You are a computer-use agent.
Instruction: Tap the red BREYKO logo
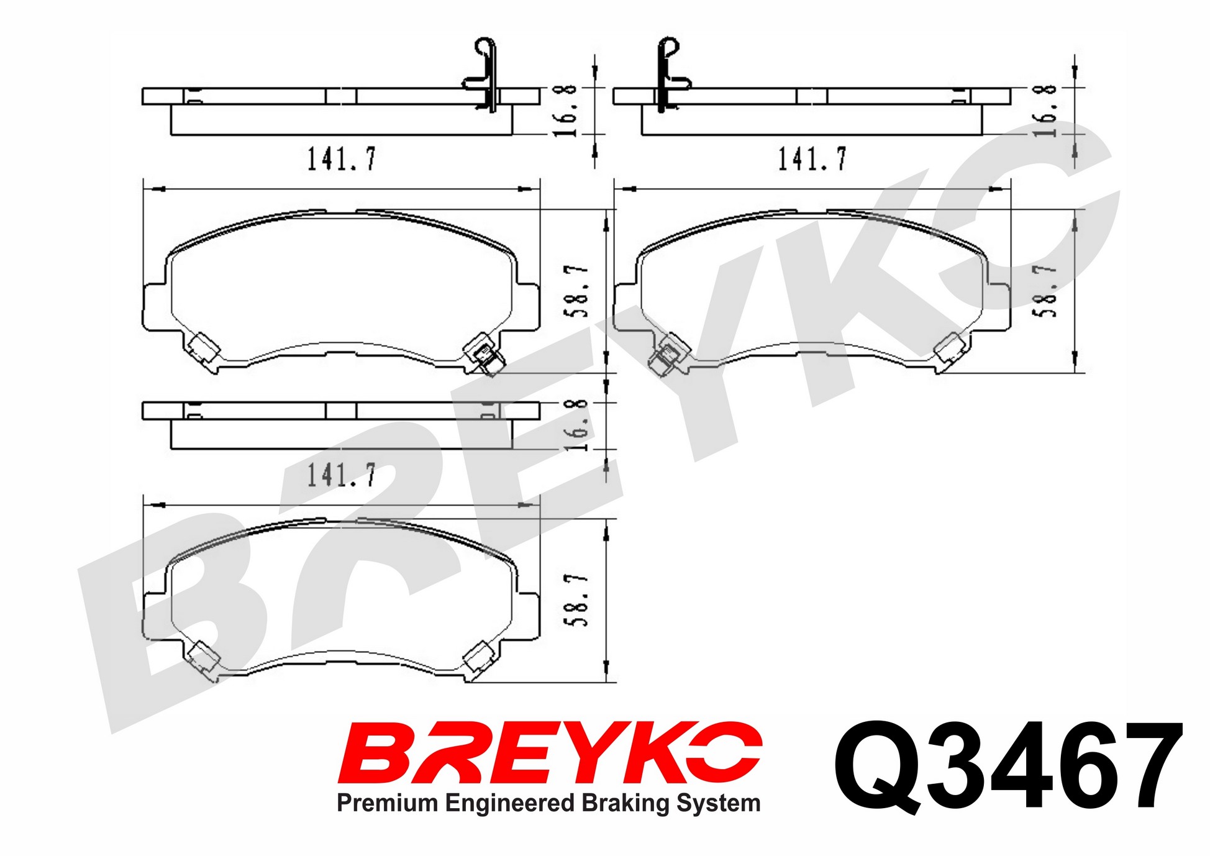tap(550, 752)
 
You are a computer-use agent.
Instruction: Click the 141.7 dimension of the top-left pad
tap(342, 159)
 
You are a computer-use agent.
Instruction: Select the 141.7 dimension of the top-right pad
tap(812, 159)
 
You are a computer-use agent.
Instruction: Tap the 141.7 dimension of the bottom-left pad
tap(342, 475)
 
